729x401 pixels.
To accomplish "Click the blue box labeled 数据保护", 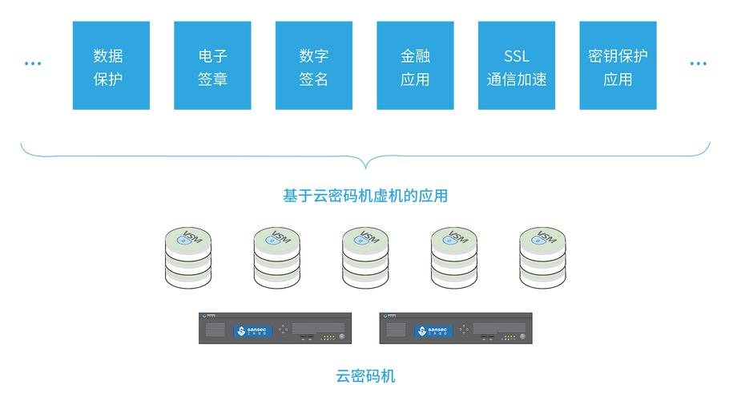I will click(111, 66).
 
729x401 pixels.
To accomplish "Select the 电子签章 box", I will click(212, 66).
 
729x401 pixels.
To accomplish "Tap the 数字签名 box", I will click(313, 66).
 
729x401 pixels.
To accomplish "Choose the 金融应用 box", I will click(415, 66).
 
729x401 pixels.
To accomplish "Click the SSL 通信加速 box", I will click(517, 66).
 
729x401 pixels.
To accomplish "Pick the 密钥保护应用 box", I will click(618, 66).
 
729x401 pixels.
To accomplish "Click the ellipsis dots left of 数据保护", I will click(33, 63).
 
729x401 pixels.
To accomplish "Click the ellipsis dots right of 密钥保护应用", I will click(699, 63).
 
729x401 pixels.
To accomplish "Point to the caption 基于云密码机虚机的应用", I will click(364, 196).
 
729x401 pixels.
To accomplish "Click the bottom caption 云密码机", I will click(364, 376).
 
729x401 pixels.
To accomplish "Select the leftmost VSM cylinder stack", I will click(188, 257).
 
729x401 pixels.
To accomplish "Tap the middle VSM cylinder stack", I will click(365, 257).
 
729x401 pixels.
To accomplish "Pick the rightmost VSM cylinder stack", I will click(542, 257).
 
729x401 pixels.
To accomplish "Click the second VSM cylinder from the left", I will click(276, 257).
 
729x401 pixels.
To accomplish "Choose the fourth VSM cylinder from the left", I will click(453, 257).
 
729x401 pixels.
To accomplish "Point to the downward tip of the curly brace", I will click(365, 168).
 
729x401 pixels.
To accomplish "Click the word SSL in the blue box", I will click(517, 56).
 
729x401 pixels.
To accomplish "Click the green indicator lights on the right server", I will click(508, 338).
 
